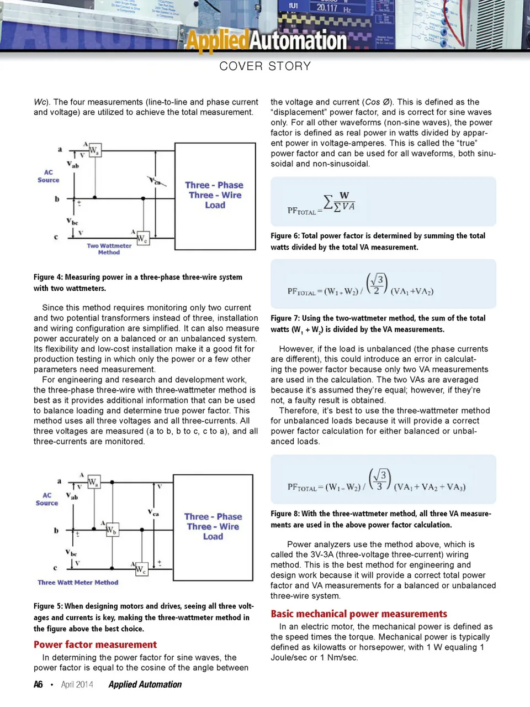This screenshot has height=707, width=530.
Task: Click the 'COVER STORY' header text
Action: [265, 66]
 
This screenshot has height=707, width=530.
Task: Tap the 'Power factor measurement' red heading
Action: [95, 645]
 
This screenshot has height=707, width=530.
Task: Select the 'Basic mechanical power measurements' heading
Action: [359, 614]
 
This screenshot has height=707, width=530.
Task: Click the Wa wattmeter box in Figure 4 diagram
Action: [94, 150]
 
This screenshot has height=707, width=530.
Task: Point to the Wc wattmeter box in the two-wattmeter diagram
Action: [142, 239]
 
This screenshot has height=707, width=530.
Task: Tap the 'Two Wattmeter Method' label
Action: [109, 249]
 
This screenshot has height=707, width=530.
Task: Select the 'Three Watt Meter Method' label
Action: [78, 583]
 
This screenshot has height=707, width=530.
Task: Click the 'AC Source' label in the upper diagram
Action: [49, 176]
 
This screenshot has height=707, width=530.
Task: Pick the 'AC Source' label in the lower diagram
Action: [47, 499]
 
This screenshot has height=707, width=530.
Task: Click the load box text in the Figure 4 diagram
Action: [215, 195]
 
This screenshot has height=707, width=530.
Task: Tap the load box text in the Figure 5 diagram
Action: [213, 526]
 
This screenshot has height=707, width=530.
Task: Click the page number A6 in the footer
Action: [38, 684]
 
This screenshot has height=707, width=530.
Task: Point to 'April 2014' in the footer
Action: [77, 684]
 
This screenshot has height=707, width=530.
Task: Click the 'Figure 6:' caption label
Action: [285, 236]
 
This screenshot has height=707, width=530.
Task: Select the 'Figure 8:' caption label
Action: [285, 514]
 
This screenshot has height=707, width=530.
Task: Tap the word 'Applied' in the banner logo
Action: [216, 41]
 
